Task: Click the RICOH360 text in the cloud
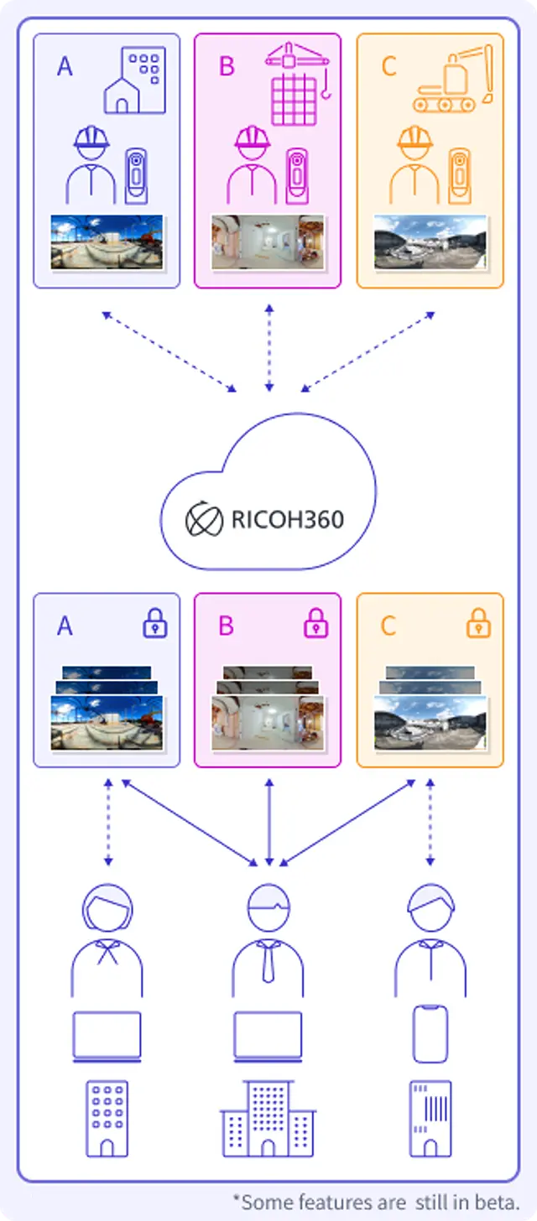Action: point(287,519)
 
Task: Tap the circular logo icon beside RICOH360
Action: point(204,520)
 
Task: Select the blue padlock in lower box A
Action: point(155,623)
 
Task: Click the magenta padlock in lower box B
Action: point(315,623)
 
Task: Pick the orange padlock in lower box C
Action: point(478,623)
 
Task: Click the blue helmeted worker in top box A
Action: point(91,165)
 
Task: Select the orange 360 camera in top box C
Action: point(459,175)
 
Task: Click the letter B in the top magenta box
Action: point(227,66)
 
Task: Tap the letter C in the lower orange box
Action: point(388,626)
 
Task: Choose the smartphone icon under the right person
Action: point(430,1034)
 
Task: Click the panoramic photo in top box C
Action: point(430,242)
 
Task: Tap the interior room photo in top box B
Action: point(268,242)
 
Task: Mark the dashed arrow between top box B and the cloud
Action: point(268,348)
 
